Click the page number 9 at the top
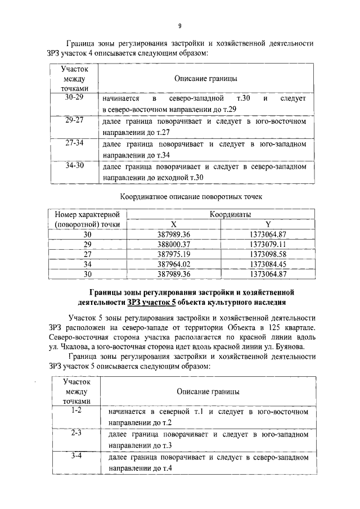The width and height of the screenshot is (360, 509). [179, 25]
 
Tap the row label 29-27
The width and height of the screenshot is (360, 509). [74, 120]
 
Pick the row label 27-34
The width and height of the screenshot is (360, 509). [74, 143]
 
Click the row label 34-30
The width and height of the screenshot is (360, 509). [74, 165]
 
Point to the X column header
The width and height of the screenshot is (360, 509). [174, 223]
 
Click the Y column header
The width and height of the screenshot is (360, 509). [268, 223]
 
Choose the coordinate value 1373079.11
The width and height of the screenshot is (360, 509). [268, 244]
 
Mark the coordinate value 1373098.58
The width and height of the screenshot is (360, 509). [268, 254]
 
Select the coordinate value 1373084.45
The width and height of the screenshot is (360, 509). [268, 264]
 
